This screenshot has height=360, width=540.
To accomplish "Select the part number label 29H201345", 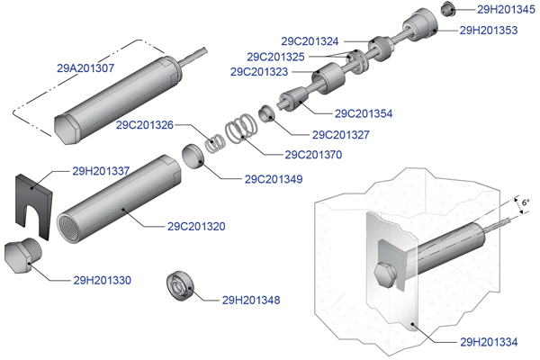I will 505,10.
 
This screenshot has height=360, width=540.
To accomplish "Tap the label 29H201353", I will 489,30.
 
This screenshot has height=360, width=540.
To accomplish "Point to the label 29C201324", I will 310,40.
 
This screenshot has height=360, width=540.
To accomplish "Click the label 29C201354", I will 363,113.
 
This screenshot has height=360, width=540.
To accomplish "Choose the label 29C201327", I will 341,135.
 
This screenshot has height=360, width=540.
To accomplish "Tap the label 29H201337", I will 101,170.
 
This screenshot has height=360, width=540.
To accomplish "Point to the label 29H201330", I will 103,280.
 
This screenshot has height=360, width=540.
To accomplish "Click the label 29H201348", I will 250,300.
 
